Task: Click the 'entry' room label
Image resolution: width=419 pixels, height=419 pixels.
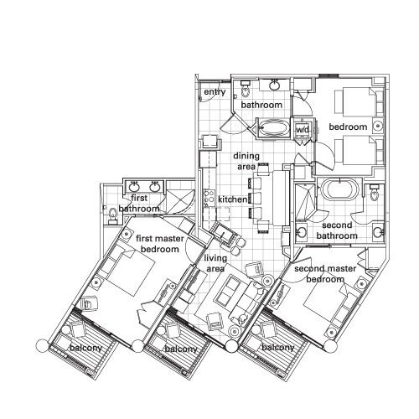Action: pyautogui.click(x=215, y=92)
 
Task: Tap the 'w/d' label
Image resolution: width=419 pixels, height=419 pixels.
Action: pyautogui.click(x=303, y=130)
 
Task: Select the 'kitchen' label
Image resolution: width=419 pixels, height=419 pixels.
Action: pyautogui.click(x=232, y=199)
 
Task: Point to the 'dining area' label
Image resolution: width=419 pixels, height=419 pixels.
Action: pyautogui.click(x=246, y=161)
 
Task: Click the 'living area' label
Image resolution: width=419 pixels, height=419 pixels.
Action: pyautogui.click(x=215, y=263)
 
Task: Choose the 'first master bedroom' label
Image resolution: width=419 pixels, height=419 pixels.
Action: pyautogui.click(x=160, y=244)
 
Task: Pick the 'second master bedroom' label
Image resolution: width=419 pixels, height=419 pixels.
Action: pyautogui.click(x=325, y=274)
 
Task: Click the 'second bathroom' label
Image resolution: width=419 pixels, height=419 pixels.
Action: pyautogui.click(x=337, y=230)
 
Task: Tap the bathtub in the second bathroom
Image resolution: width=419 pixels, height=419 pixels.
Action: pyautogui.click(x=339, y=189)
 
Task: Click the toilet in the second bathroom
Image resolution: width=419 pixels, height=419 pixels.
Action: pyautogui.click(x=374, y=193)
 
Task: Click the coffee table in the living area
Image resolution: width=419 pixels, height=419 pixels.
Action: pyautogui.click(x=227, y=289)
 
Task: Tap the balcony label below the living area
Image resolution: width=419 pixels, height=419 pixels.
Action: pyautogui.click(x=181, y=349)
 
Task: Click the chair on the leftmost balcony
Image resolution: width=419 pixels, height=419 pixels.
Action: pyautogui.click(x=78, y=328)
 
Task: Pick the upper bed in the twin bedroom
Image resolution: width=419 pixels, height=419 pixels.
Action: pyautogui.click(x=359, y=101)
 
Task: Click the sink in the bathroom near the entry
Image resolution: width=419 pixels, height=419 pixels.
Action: pyautogui.click(x=275, y=85)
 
